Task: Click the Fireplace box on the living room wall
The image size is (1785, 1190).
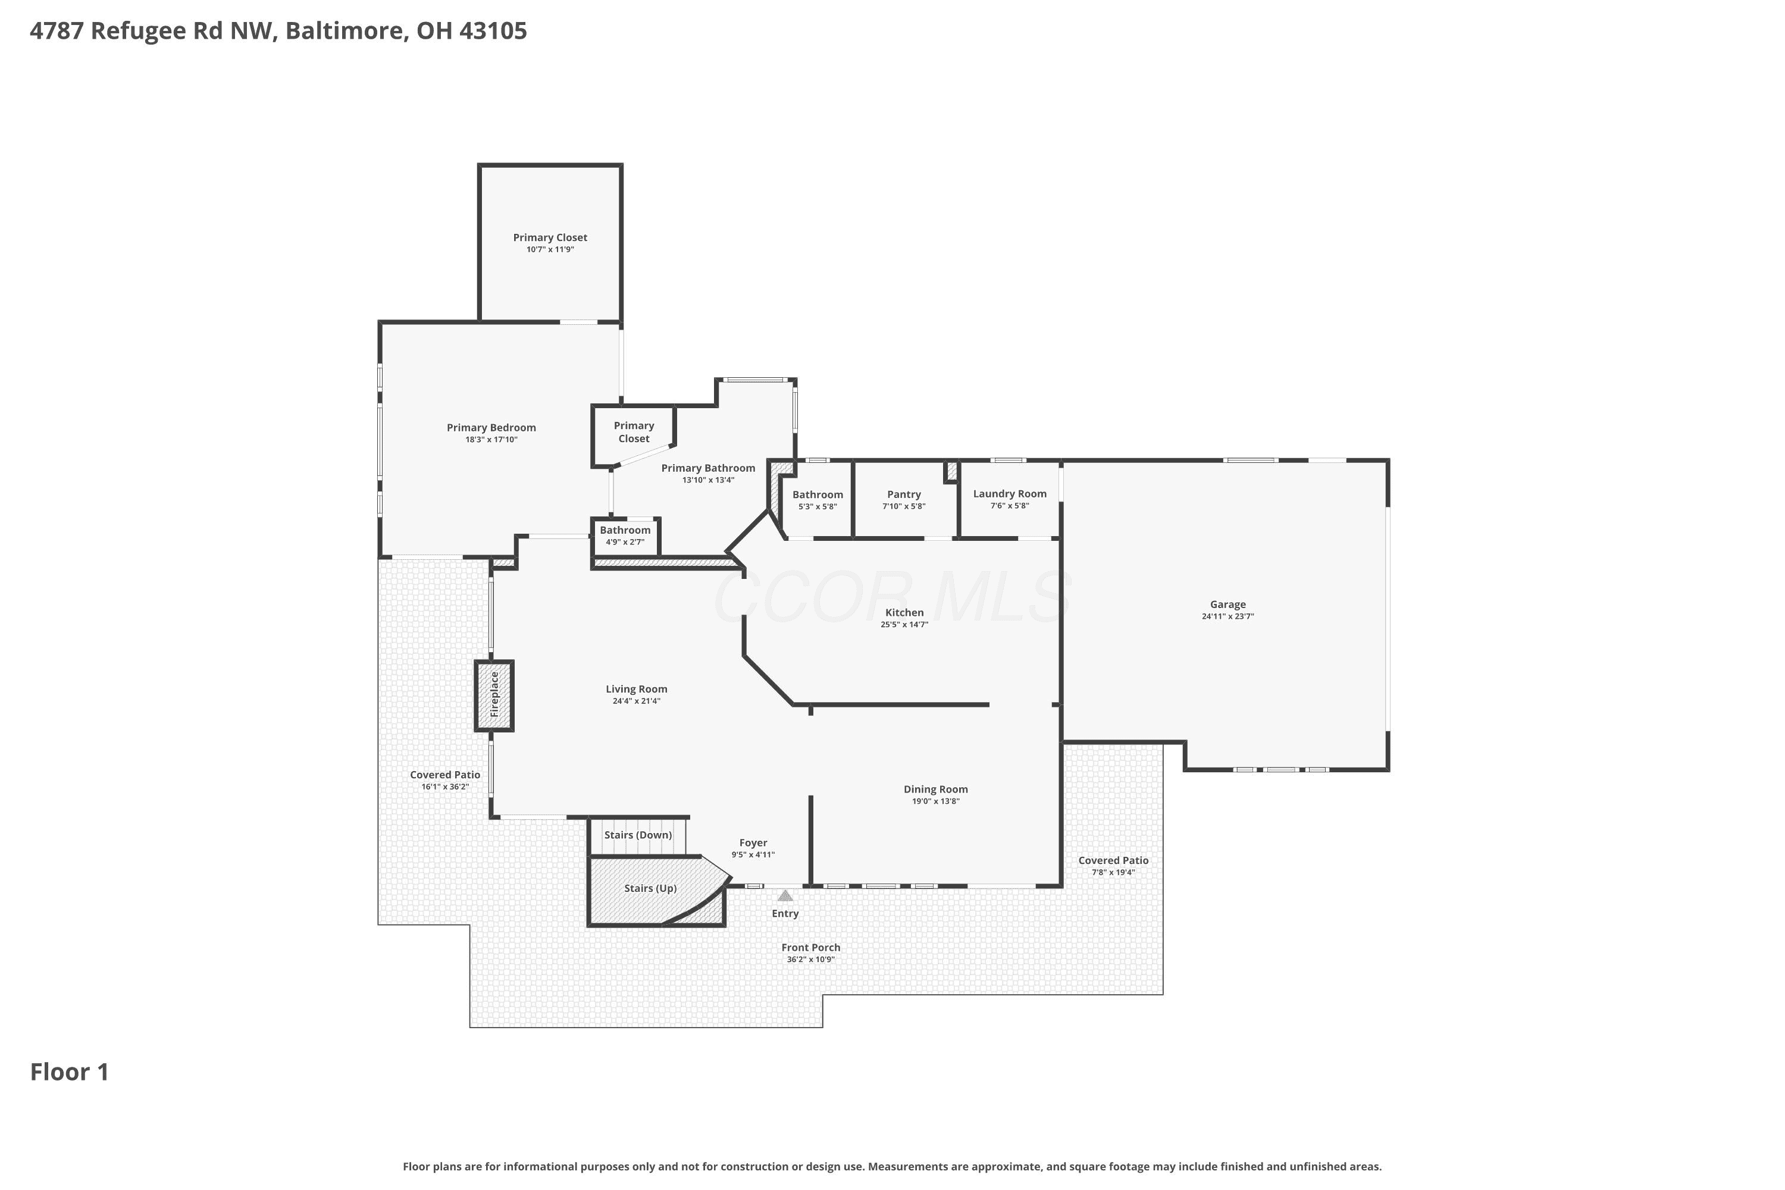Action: (494, 695)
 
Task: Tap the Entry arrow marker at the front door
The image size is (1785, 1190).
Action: (785, 895)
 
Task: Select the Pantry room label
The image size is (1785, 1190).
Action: (904, 494)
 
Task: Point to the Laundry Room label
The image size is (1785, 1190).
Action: (1009, 493)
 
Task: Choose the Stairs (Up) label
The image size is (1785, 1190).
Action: (650, 888)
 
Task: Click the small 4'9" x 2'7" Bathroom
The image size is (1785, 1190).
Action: (625, 536)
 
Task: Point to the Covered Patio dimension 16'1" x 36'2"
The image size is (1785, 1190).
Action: (446, 787)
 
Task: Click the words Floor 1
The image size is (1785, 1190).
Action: (70, 1072)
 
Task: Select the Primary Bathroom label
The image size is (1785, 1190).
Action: (708, 468)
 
